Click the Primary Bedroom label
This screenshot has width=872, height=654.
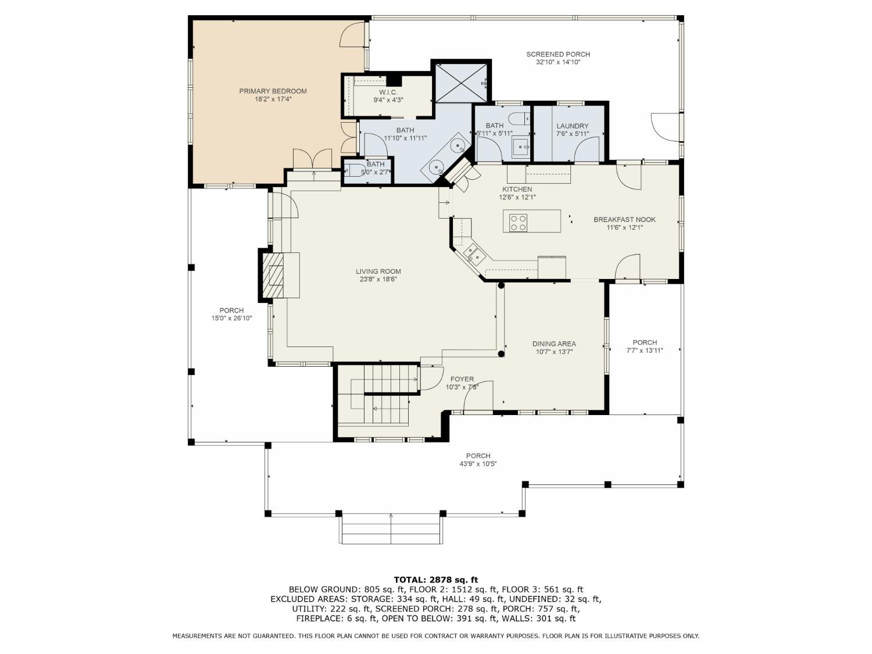coord(273,91)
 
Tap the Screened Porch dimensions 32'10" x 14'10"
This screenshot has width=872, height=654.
coord(557,62)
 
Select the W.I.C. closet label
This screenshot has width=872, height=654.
coord(388,92)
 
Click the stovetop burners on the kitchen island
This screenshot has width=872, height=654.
coord(518,223)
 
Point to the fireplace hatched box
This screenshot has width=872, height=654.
coord(273,275)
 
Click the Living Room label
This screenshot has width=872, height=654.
coord(378,271)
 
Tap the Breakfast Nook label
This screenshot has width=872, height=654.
coord(624,219)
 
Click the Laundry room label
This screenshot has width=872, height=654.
coord(572,126)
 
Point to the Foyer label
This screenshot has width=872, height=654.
coord(462,379)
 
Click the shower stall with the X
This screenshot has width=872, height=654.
coord(461,82)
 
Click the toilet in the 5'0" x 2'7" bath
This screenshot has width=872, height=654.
coord(352,170)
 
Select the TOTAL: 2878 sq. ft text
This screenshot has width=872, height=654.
coord(436,580)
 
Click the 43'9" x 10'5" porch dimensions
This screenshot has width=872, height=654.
coord(478,464)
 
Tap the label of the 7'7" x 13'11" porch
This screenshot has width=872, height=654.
coord(644,342)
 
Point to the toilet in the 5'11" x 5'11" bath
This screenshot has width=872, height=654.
coord(520,118)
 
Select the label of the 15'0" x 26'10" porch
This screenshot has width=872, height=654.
coord(231,310)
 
